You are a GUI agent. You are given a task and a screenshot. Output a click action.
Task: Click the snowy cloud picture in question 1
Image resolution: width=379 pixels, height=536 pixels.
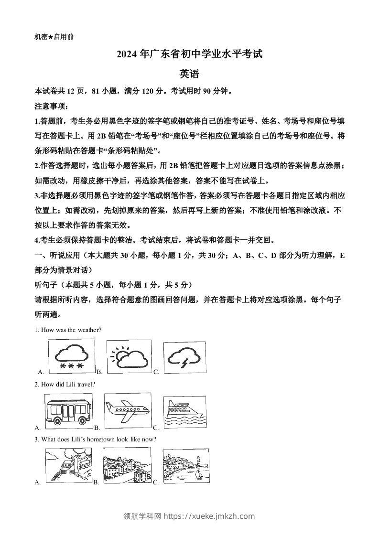pos(71,356)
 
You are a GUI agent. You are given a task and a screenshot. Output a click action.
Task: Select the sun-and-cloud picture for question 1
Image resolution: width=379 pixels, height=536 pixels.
pos(128,356)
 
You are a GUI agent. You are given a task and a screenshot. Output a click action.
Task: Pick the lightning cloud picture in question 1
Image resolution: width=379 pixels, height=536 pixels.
pos(185,356)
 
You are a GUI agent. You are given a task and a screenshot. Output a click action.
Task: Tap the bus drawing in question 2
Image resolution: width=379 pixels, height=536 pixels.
pos(68,410)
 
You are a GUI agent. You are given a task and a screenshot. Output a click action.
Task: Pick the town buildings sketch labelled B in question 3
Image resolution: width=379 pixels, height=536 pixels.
pos(127,466)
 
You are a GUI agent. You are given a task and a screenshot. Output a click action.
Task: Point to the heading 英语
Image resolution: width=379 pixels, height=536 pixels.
pos(189,74)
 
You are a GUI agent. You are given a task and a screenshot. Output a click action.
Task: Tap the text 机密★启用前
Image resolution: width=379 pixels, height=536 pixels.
pos(54,36)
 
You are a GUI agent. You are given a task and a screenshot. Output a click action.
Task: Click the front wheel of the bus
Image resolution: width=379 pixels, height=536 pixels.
pos(57,420)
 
